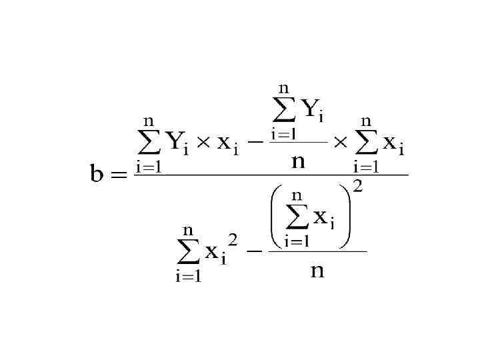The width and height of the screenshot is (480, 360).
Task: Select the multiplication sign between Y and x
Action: coord(203,142)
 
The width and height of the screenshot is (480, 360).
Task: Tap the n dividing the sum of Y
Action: coord(298,161)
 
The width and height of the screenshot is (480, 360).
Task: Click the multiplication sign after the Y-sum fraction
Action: coord(341,142)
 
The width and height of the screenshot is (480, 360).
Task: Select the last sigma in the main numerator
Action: coord(367,141)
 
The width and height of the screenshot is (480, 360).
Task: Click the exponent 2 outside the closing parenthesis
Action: coord(358,187)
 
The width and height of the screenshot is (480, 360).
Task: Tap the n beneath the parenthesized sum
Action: coord(318,271)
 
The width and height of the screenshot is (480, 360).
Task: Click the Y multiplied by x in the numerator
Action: coord(177,141)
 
